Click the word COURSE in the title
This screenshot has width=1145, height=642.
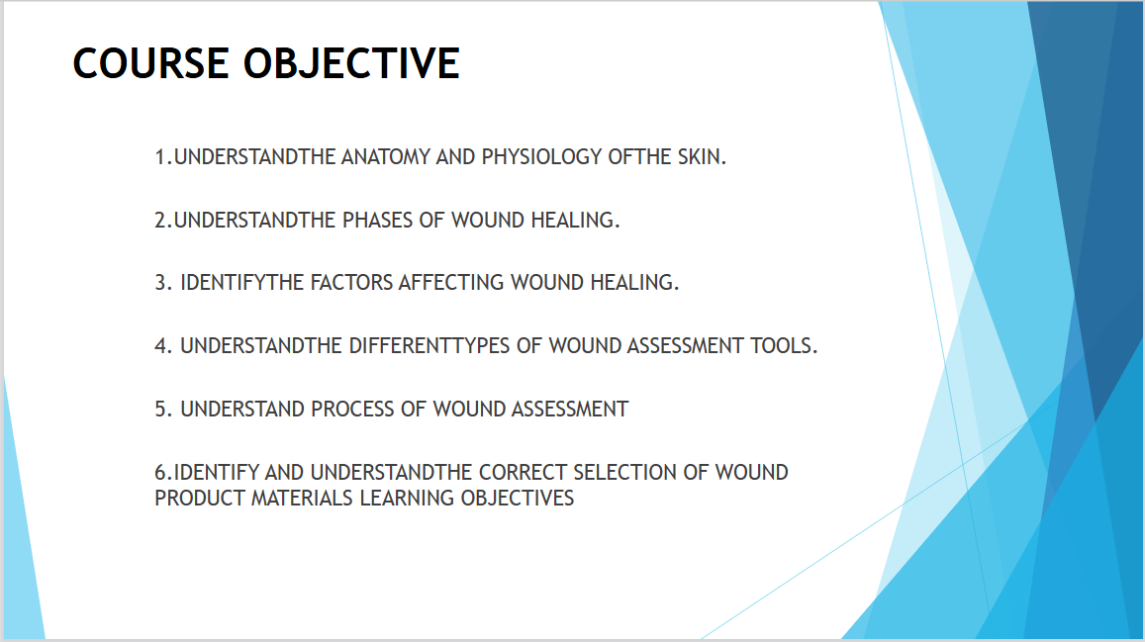[151, 62]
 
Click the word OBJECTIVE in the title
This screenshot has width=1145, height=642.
[351, 62]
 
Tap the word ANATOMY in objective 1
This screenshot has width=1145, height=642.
[386, 157]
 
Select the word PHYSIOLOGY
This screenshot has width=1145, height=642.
[542, 157]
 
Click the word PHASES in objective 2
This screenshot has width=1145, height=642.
[379, 220]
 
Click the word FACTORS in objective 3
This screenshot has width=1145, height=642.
[352, 282]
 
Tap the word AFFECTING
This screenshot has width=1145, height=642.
[450, 282]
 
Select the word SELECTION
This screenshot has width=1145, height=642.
[624, 472]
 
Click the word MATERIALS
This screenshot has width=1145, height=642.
[302, 498]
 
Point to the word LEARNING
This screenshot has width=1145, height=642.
[406, 498]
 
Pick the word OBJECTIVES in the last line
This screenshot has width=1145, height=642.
[517, 498]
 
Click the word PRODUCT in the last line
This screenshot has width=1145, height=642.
[199, 498]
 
